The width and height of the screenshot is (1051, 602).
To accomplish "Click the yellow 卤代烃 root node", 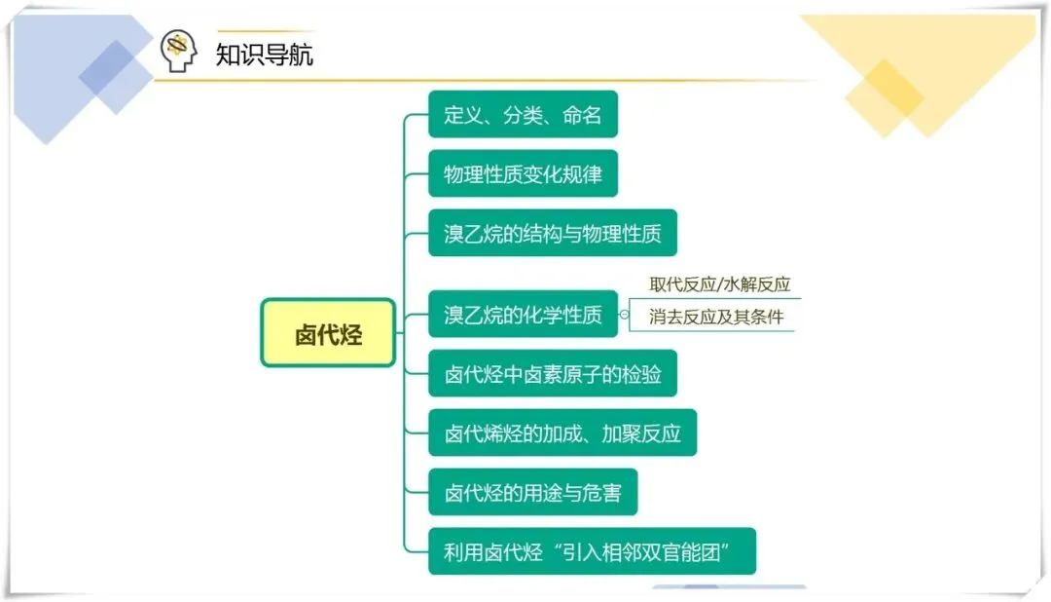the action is [328, 333].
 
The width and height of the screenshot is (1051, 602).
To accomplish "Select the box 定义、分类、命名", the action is [523, 115].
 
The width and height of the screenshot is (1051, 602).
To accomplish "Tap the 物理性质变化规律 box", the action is [523, 174].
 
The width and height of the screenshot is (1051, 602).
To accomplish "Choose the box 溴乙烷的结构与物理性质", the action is [552, 234].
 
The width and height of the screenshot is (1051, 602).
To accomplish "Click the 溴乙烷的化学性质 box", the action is [523, 315].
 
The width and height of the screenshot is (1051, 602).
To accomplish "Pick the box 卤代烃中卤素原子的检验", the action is [552, 374].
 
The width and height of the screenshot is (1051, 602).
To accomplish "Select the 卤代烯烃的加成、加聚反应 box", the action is [562, 433].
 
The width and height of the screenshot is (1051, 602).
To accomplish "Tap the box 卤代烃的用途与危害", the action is [532, 493].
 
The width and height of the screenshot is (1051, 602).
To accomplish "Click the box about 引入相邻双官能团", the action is [592, 552].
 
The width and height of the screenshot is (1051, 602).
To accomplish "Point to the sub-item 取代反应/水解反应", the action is [720, 284].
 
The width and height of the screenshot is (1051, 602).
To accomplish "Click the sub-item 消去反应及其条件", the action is [716, 317].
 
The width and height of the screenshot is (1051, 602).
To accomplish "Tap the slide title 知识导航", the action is [265, 54].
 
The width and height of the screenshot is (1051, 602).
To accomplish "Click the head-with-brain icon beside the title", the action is [179, 51].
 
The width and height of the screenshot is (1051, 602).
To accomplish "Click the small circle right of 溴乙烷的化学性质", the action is [624, 315].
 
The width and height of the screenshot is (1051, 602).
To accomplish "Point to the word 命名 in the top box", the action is [582, 115].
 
